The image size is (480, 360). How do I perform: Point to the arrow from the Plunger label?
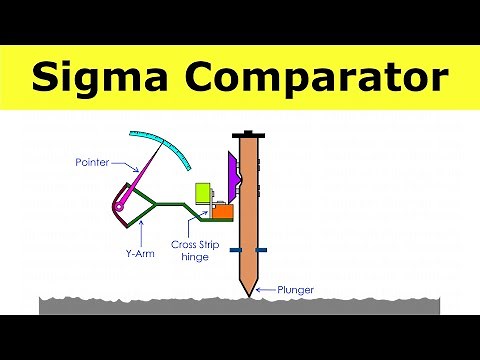click(262, 290)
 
